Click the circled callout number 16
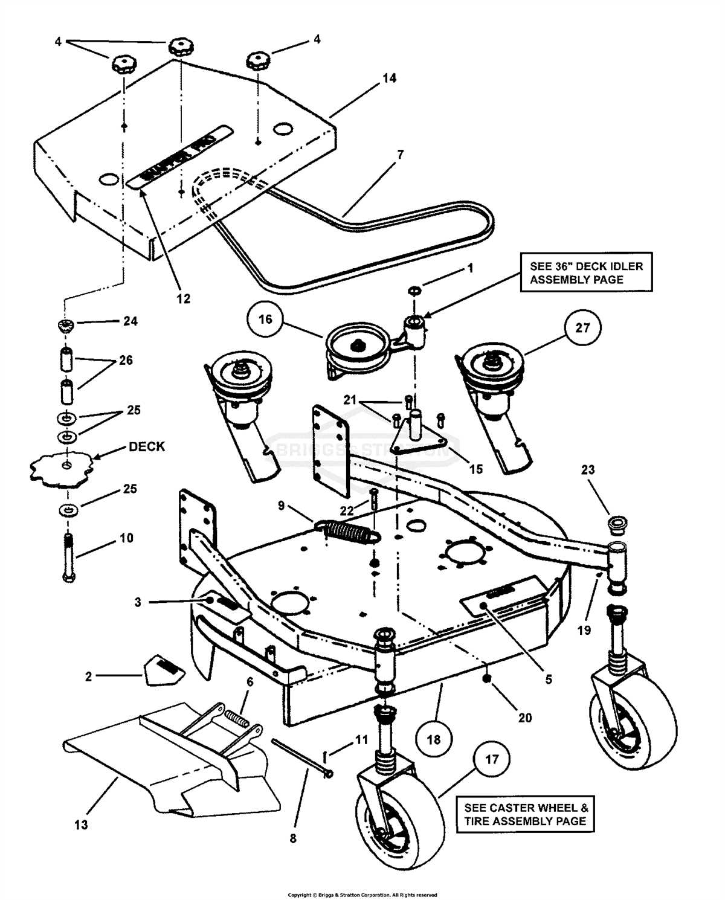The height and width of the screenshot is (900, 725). [265, 319]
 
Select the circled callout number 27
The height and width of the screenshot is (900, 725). [582, 328]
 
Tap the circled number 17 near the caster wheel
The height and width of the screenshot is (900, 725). [492, 759]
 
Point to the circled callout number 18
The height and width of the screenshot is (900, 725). [434, 739]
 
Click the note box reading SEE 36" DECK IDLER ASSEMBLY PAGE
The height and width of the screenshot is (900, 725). [586, 272]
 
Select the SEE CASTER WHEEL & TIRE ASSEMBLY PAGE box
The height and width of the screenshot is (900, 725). [525, 814]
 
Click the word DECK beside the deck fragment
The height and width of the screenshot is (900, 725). [147, 446]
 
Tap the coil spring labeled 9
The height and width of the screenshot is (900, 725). [348, 532]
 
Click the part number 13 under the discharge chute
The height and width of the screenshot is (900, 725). [81, 824]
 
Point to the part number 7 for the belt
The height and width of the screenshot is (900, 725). [400, 155]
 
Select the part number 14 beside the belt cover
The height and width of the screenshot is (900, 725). [389, 78]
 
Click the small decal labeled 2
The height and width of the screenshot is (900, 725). [164, 669]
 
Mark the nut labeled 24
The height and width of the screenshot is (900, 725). [65, 326]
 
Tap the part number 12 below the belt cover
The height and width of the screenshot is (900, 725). [183, 298]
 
